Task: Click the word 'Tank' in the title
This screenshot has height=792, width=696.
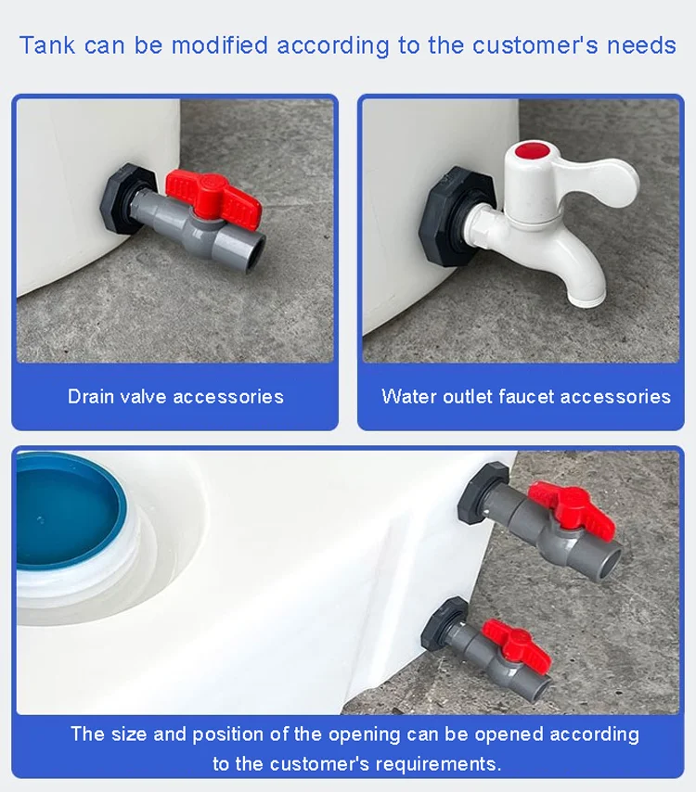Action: click(47, 45)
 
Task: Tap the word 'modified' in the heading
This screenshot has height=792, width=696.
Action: click(219, 45)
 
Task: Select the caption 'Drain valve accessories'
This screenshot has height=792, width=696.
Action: click(175, 397)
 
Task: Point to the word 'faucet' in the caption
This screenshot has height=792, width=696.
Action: click(526, 397)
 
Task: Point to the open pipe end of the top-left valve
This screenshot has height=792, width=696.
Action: click(255, 246)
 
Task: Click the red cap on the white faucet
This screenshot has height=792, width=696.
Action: click(533, 151)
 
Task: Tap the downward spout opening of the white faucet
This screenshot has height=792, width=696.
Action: click(586, 300)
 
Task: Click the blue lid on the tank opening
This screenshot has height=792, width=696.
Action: click(69, 510)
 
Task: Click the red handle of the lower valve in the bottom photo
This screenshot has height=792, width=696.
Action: click(517, 645)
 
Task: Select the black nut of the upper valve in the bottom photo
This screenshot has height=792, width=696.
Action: click(480, 493)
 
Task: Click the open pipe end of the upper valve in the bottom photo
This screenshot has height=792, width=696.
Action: click(608, 563)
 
